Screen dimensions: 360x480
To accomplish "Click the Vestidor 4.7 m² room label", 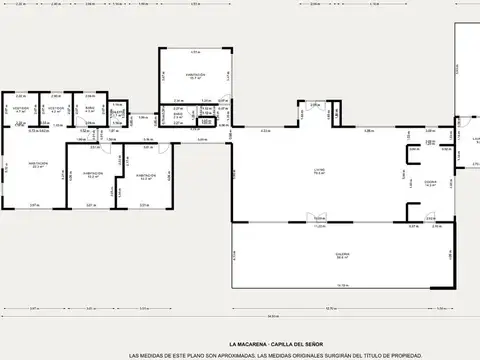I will point(21,109).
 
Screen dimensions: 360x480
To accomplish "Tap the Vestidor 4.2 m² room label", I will point(57,109).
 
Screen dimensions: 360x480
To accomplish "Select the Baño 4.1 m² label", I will point(90,109).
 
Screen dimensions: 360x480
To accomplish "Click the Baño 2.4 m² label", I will point(177,116).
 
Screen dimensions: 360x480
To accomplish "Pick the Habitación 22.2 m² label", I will point(39,166).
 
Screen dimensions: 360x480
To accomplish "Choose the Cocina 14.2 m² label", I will point(431,183).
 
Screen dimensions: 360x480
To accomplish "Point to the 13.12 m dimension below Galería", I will point(342,285).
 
